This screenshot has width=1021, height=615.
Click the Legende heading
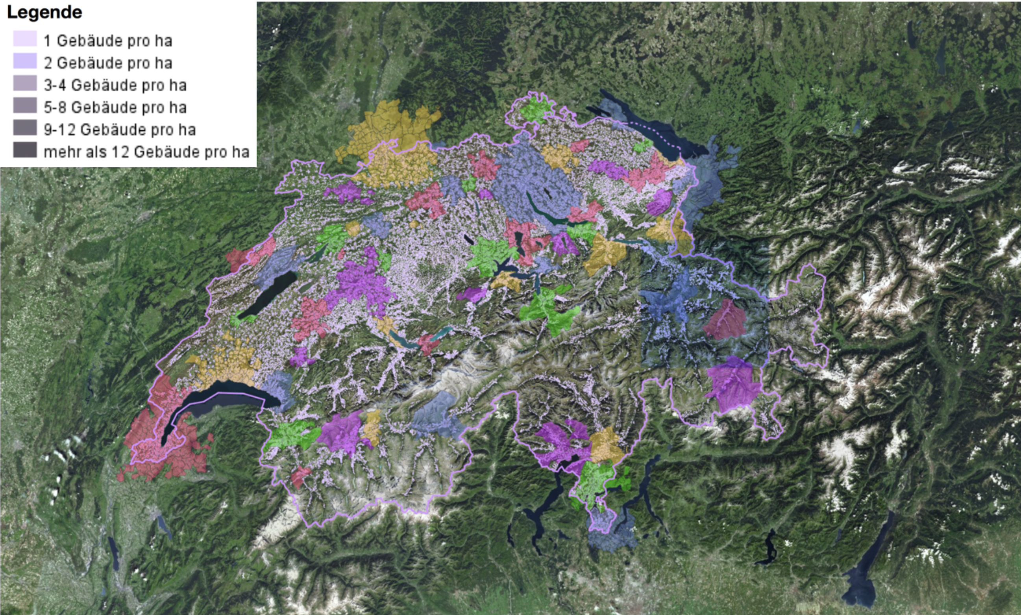(x=44, y=13)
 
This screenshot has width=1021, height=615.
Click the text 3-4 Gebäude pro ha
(x=115, y=85)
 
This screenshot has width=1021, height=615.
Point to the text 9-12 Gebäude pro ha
(x=119, y=130)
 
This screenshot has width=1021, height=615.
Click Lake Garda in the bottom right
(x=862, y=580)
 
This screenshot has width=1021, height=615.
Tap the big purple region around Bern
(x=361, y=282)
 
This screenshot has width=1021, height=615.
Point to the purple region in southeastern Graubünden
(x=733, y=385)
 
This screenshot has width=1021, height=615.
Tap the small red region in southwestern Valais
(x=301, y=476)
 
